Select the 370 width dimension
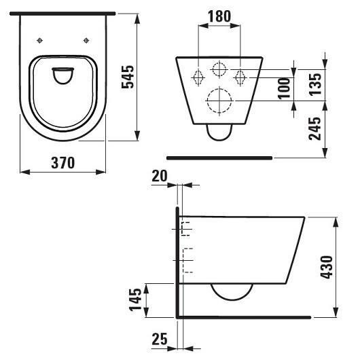point(61,163)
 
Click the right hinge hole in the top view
point(86,39)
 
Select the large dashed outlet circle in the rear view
point(219,102)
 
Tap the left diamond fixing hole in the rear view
point(199,76)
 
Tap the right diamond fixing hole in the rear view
point(239,76)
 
